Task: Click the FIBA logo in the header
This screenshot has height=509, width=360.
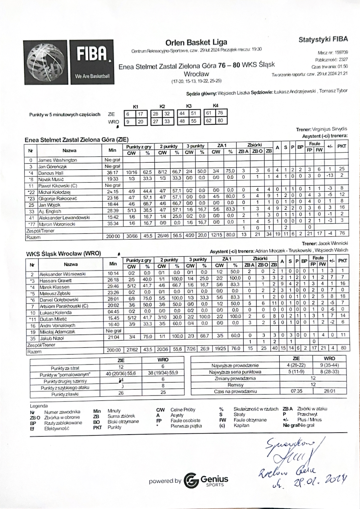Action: click(x=69, y=63)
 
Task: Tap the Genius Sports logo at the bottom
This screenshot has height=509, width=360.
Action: click(x=206, y=480)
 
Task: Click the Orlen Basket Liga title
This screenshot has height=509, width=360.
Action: click(x=196, y=42)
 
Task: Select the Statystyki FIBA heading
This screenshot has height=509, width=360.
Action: click(x=323, y=40)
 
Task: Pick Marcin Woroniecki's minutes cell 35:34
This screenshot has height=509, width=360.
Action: click(x=112, y=224)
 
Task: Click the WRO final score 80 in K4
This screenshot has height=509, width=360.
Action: click(x=220, y=121)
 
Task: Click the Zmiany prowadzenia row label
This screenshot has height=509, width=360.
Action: click(x=235, y=378)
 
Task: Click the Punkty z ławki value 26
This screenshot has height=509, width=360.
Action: click(x=121, y=393)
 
